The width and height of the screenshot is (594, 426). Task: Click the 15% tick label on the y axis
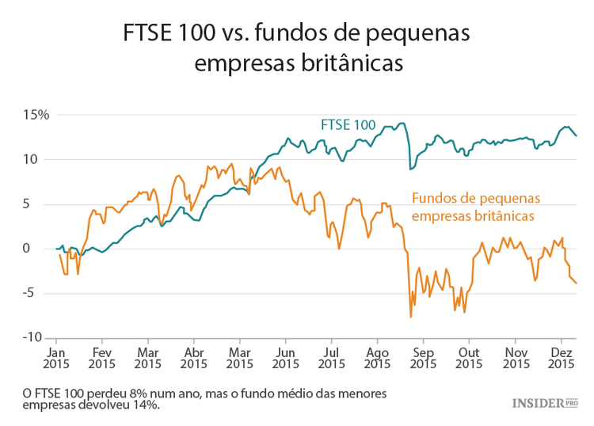36,115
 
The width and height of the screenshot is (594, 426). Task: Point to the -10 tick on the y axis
36,338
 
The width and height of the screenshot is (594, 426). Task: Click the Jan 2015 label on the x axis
56,358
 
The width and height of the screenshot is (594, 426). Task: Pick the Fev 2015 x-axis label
102,358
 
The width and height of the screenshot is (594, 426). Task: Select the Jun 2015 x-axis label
285,358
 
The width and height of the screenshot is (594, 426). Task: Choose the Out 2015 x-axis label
470,358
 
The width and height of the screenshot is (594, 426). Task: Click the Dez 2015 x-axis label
562,358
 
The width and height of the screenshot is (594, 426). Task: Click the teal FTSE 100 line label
348,124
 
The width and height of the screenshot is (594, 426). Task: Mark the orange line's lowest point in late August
411,317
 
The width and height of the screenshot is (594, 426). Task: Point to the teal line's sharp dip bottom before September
410,169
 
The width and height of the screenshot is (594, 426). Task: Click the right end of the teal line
576,135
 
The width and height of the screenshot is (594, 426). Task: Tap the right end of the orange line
576,283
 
